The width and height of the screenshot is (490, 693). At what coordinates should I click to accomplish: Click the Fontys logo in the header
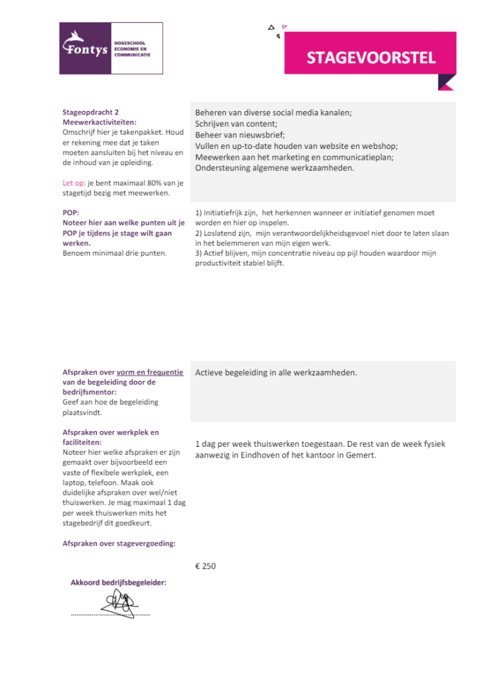(110, 48)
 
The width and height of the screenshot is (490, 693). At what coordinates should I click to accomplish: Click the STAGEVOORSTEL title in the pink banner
(371, 58)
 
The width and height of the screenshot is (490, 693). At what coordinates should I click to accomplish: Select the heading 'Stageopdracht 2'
(91, 113)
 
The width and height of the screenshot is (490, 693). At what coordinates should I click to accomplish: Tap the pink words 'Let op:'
(74, 183)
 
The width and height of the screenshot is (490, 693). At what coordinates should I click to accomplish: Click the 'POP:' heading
(71, 213)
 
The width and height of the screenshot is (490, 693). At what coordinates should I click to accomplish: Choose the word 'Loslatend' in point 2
(225, 232)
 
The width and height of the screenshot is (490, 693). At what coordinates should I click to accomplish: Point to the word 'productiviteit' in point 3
(220, 263)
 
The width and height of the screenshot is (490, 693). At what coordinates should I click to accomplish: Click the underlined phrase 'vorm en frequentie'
(150, 372)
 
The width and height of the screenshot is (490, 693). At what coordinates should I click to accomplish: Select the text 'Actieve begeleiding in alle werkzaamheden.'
(276, 373)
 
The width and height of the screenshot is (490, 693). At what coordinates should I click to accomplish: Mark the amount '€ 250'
(205, 566)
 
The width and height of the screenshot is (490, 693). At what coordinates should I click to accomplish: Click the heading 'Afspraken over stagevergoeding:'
(118, 543)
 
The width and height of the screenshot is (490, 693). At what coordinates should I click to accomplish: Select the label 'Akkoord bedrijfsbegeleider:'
(118, 582)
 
